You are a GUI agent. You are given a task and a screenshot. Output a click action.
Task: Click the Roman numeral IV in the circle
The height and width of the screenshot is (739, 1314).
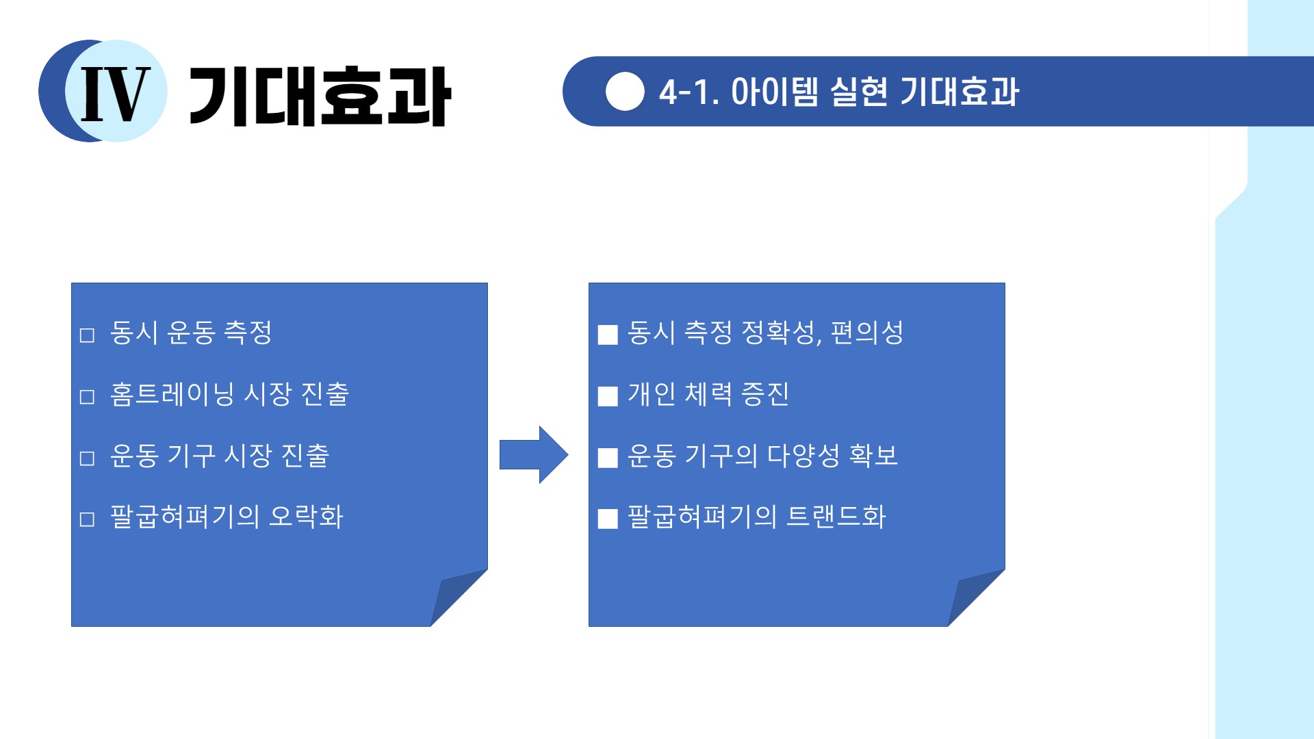116,94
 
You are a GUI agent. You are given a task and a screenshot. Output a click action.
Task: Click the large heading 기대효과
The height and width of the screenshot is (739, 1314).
319,96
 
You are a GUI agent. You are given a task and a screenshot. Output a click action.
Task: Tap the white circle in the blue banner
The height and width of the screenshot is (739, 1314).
625,92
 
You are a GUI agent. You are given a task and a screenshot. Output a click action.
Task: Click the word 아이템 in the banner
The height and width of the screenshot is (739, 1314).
775,92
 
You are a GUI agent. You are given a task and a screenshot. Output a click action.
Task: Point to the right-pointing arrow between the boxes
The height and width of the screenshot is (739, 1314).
534,454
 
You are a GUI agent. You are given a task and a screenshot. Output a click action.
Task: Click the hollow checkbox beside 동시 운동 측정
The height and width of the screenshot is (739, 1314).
87,335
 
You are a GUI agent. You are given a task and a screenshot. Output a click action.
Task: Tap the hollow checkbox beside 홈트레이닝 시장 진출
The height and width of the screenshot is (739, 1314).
87,397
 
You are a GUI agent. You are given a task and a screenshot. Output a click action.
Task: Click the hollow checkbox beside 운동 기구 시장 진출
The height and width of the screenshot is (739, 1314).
87,458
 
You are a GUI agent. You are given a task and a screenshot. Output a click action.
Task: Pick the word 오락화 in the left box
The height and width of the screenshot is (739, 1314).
306,517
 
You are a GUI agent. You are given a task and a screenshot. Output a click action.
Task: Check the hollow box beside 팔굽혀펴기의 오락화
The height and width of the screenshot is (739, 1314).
87,519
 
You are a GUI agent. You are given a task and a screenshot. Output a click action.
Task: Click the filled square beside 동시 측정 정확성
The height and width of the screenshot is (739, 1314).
608,335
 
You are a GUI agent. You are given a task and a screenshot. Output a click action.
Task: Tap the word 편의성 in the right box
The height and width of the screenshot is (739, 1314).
867,333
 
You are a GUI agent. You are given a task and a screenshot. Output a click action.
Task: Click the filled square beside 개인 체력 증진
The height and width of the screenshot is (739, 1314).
608,396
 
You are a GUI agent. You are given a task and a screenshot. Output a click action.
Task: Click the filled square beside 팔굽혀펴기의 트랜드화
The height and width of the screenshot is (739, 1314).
608,519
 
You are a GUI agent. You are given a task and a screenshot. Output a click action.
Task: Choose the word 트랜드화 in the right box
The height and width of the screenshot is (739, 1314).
836,517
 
